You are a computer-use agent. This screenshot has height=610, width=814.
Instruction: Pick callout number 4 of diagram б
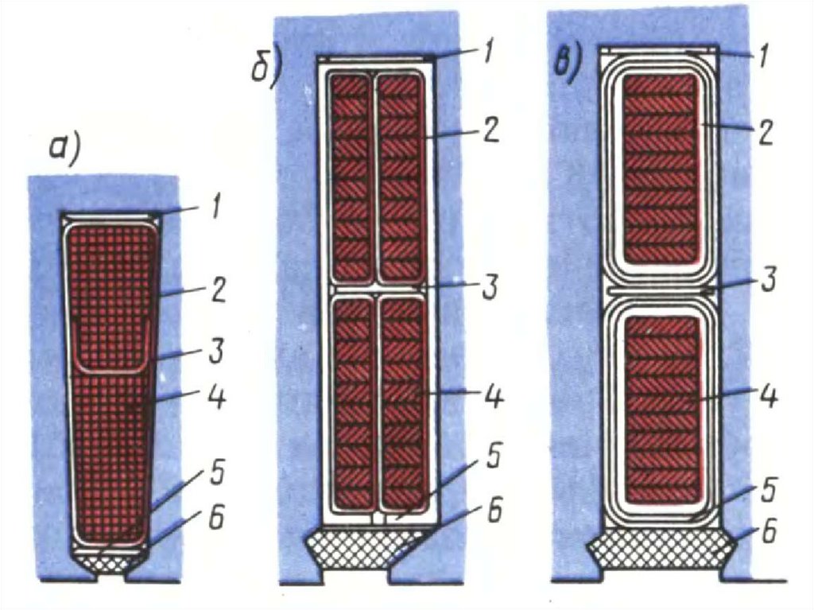tap(493, 395)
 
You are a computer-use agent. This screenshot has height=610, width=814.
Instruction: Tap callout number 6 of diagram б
tap(494, 512)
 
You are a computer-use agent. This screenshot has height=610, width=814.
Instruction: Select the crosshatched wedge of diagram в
tap(657, 549)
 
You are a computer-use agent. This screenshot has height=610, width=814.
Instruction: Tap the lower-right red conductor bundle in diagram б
tap(402, 402)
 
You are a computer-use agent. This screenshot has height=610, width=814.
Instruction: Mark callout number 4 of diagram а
tap(215, 395)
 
